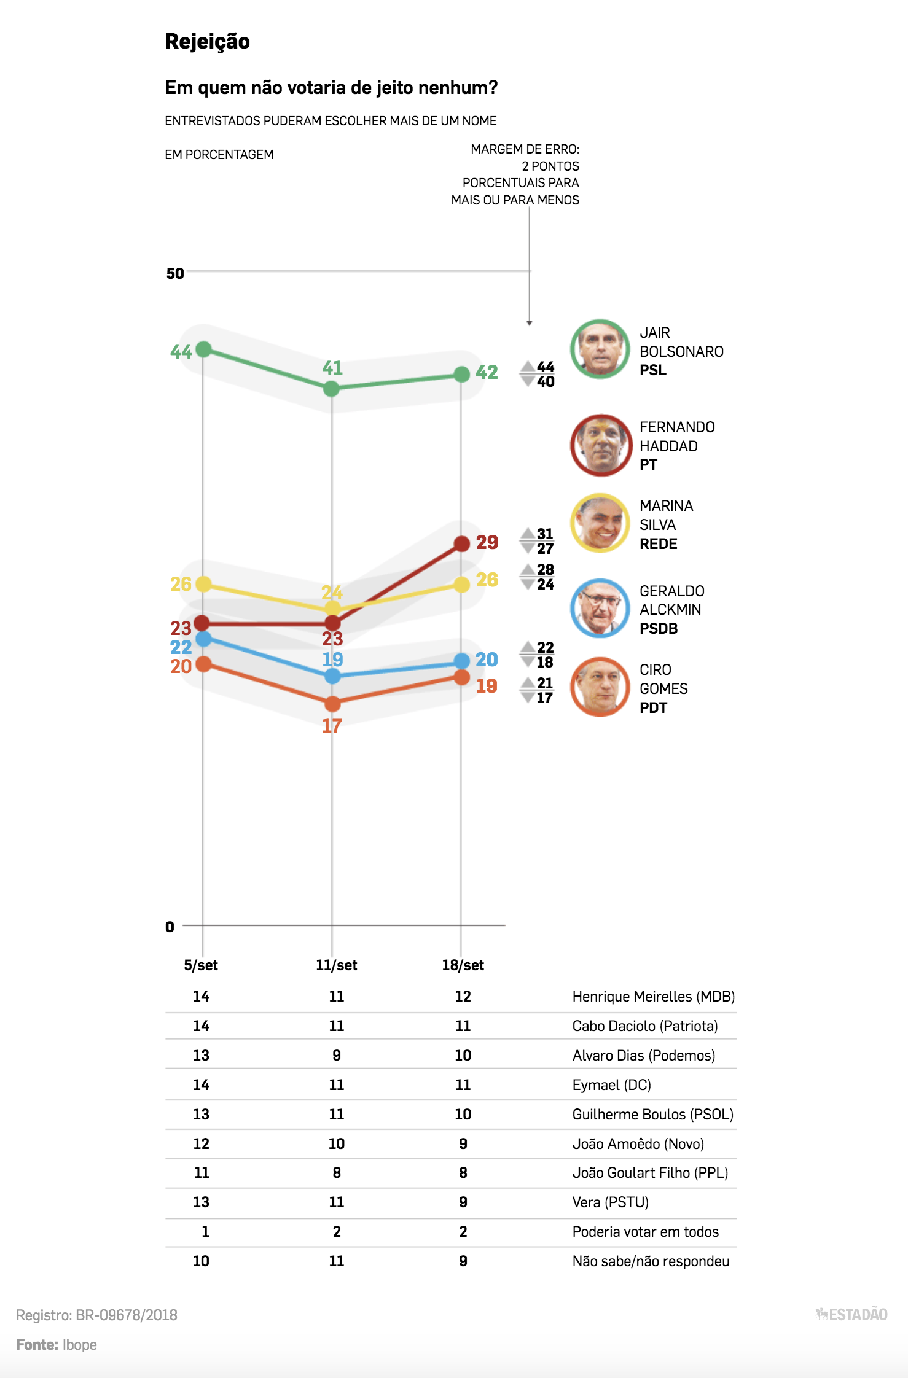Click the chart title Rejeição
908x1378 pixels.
[207, 41]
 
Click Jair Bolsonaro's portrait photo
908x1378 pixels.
[600, 349]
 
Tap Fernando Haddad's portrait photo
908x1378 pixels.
[601, 445]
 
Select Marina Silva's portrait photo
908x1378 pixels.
[600, 523]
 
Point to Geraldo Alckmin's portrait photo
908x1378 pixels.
[600, 608]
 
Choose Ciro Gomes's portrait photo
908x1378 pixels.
[600, 687]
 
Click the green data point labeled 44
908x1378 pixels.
[203, 349]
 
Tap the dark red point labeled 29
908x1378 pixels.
[461, 543]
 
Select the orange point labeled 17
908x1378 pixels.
[332, 704]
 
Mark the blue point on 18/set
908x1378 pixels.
[461, 661]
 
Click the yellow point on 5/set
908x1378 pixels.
[203, 584]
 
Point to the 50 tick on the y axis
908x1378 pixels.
[175, 273]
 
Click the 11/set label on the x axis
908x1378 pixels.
[336, 965]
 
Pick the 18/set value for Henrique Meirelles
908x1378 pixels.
[463, 996]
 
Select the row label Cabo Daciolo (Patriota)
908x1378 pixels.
[645, 1026]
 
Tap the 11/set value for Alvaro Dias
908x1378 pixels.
[336, 1055]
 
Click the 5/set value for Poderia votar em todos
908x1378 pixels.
[205, 1231]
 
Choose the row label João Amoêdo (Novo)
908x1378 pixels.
[638, 1143]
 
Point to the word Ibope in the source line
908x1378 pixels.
[80, 1344]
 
